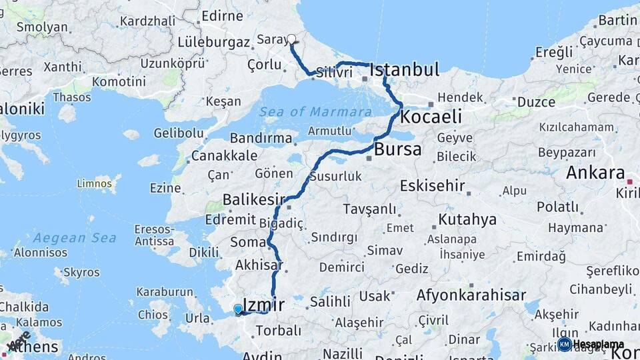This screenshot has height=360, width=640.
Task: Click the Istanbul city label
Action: coord(404,69)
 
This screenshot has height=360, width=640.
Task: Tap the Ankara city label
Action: coord(595,173)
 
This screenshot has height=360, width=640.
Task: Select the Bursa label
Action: coord(397,149)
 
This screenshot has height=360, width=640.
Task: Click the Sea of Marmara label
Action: coord(315,111)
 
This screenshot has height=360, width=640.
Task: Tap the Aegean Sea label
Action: coord(75,238)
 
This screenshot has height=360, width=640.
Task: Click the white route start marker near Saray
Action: coord(291,39)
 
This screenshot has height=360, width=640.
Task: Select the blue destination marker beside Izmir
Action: coord(238,309)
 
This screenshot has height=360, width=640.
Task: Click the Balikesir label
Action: coord(253,199)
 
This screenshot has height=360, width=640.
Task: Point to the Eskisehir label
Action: coord(433,185)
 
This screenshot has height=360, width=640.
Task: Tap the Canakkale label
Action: coord(224,156)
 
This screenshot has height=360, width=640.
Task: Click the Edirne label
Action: coord(222,15)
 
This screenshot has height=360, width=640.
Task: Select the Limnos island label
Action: coord(94,183)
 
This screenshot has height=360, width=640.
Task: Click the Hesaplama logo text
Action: coord(598,345)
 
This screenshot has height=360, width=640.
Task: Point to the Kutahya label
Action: coord(467,219)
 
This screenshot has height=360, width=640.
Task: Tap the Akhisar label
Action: coord(258,265)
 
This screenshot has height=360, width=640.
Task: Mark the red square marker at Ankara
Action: coord(630,181)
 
